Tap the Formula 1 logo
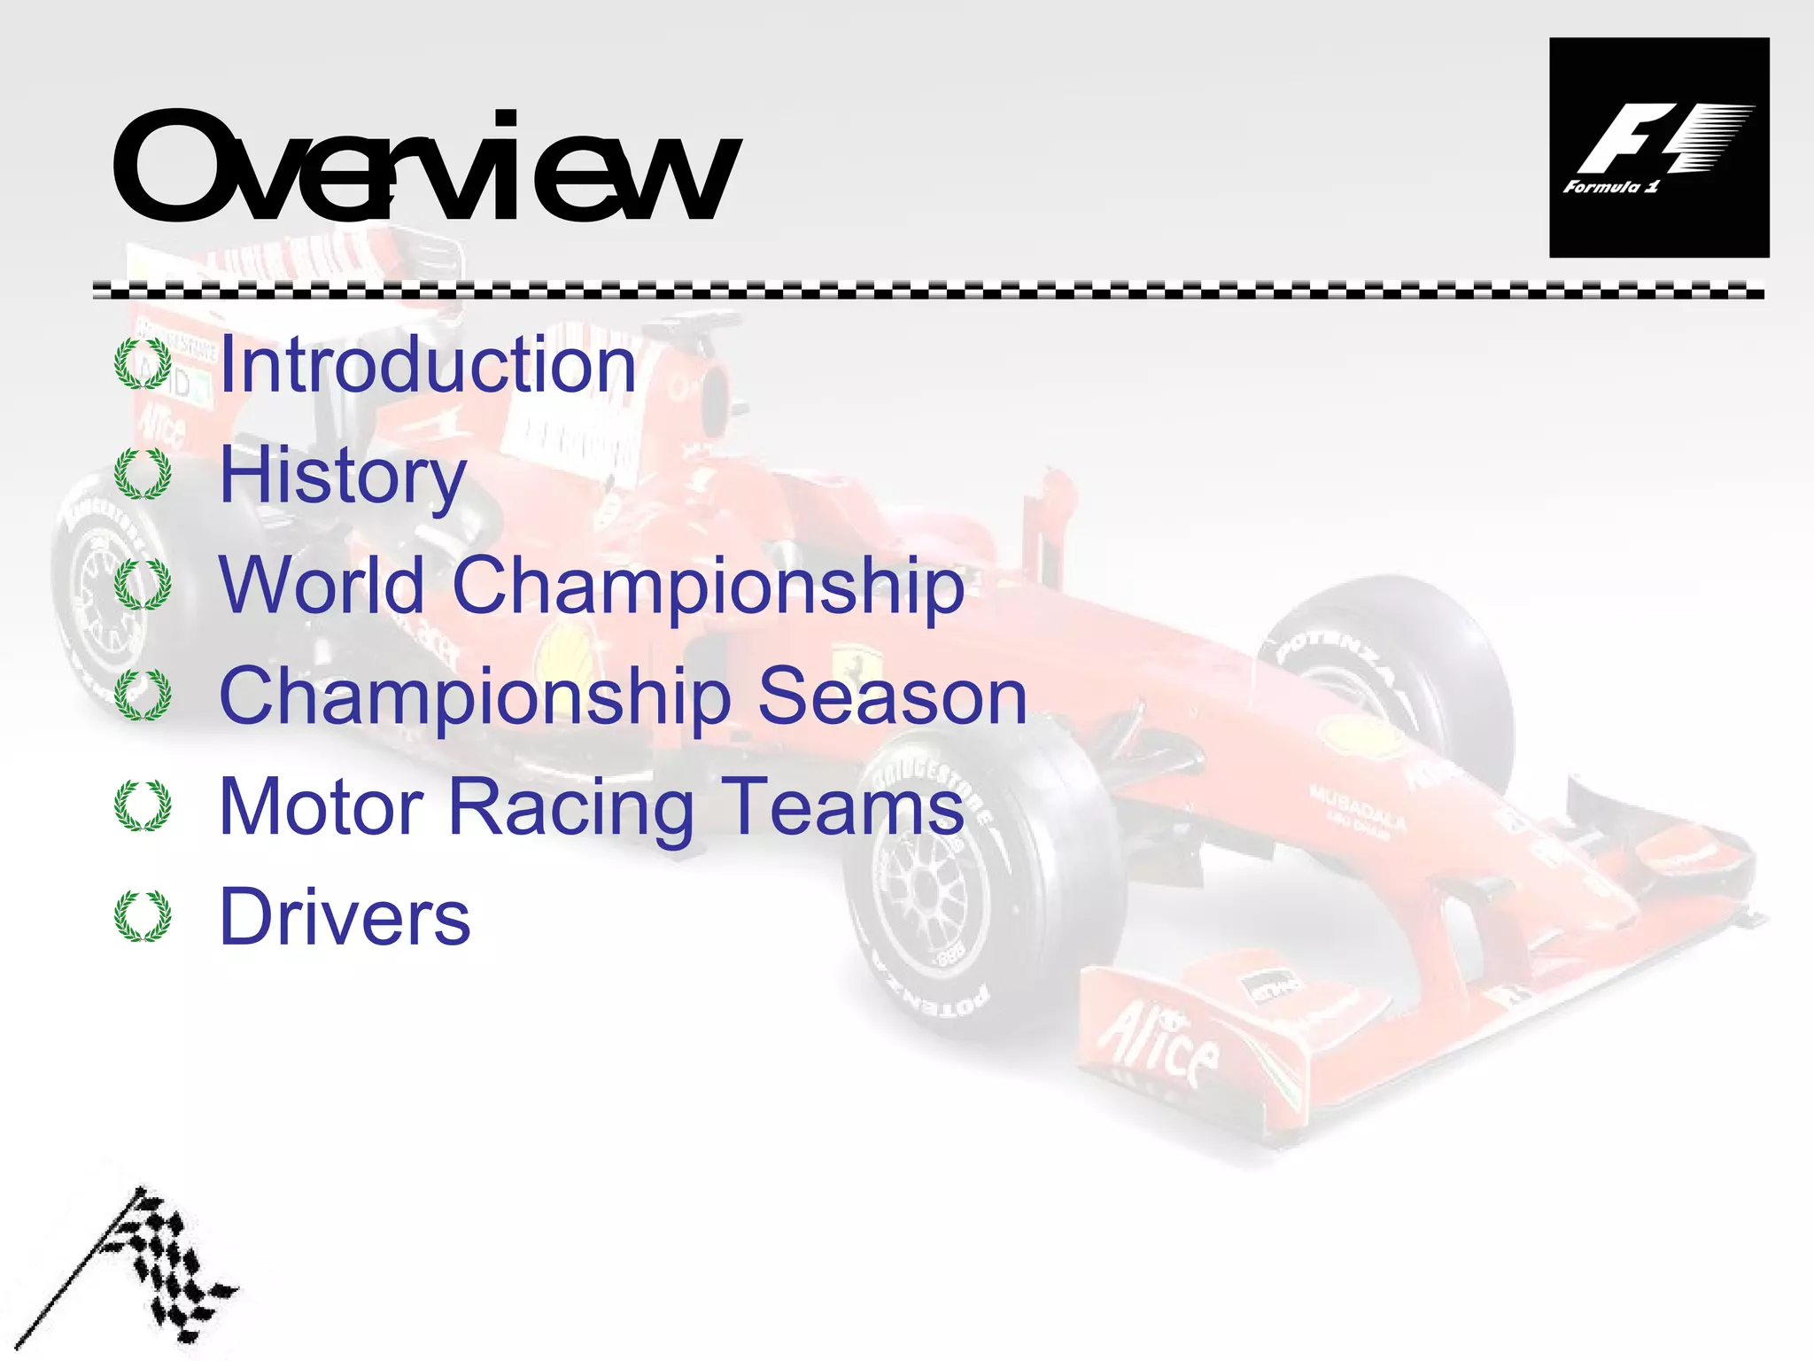1658,148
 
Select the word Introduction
428,365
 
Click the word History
342,477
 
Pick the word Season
892,696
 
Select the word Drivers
345,917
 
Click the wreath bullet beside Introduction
143,364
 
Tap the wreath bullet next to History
143,475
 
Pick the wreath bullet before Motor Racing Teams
143,806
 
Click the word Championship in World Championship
708,587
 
